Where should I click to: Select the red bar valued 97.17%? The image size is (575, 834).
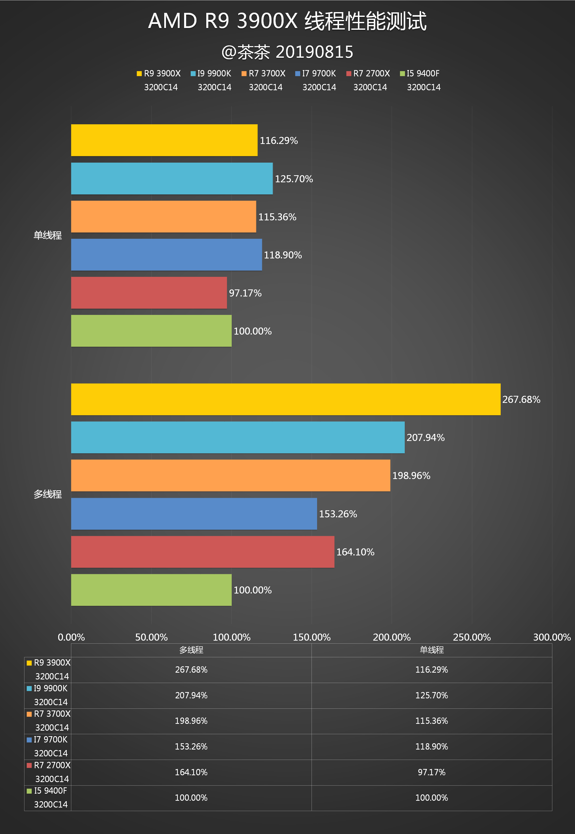coord(149,293)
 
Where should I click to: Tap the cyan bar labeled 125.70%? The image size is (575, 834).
coord(172,178)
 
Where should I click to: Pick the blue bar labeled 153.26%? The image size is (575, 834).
coord(194,514)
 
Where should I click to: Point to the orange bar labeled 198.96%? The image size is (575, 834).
coord(230,475)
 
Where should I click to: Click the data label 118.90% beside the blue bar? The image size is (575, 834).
coord(283,255)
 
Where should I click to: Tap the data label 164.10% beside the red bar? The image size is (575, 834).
coord(355,552)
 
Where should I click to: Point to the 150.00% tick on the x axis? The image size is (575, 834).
coord(312,637)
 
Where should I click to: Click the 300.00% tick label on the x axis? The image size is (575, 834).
coord(552,637)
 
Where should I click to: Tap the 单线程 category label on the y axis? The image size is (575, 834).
coord(48,235)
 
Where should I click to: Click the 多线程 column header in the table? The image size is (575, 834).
coord(191,650)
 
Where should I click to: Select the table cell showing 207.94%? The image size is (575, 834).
coord(191,695)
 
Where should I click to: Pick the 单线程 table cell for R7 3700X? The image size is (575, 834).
coord(432,721)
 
